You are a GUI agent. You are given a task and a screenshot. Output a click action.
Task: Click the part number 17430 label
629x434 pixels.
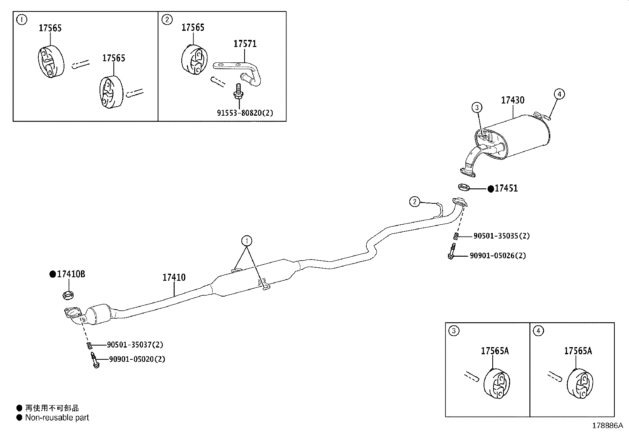(x=512, y=100)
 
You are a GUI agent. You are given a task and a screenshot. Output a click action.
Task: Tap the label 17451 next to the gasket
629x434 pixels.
(x=506, y=189)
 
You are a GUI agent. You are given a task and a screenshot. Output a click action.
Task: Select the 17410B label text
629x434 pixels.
(x=71, y=274)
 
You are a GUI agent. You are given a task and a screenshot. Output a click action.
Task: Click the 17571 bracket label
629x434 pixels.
(x=245, y=43)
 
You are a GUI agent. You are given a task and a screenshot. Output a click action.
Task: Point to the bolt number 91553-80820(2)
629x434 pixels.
(x=245, y=113)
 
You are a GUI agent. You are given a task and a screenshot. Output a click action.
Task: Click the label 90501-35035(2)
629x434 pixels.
(x=501, y=236)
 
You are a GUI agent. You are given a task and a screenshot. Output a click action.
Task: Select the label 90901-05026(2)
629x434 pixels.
(x=497, y=256)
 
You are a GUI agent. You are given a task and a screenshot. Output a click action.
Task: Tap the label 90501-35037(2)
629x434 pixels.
(x=135, y=345)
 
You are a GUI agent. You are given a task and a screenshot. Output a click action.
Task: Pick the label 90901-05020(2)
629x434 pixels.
(x=137, y=359)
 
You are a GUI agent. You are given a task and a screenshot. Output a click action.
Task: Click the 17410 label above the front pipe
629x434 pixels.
(x=174, y=278)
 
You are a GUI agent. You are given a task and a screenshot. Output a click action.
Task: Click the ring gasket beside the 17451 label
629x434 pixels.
(x=464, y=186)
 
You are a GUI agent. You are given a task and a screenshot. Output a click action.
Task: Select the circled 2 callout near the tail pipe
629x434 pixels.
(x=414, y=202)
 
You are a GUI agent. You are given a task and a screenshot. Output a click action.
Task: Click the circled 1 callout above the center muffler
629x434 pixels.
(x=247, y=240)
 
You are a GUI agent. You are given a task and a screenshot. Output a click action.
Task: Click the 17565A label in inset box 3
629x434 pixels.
(x=494, y=351)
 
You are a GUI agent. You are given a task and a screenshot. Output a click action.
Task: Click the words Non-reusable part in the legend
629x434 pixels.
(x=57, y=418)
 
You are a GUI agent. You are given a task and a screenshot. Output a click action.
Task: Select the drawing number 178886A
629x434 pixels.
(x=607, y=426)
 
